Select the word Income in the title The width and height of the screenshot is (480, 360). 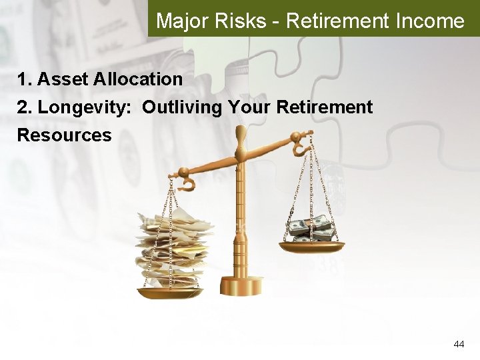pyautogui.click(x=429, y=21)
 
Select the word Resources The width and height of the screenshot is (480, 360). pyautogui.click(x=64, y=135)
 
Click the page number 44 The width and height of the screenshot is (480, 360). pyautogui.click(x=459, y=344)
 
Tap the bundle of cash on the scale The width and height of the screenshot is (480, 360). pyautogui.click(x=312, y=229)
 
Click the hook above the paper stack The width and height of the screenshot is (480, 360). pyautogui.click(x=187, y=181)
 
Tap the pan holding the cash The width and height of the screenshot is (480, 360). pyautogui.click(x=311, y=246)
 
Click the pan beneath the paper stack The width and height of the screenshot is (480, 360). pyautogui.click(x=170, y=292)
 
